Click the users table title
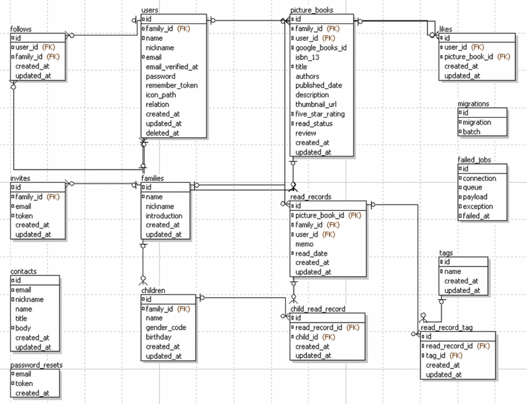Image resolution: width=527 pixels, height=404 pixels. click(x=150, y=10)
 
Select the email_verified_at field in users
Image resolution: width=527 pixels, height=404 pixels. click(x=172, y=67)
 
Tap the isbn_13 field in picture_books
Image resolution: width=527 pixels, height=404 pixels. click(x=307, y=57)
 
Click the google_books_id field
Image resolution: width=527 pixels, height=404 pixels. click(x=321, y=47)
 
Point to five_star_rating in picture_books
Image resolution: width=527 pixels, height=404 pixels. click(x=320, y=114)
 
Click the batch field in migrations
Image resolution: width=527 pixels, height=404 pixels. click(x=471, y=132)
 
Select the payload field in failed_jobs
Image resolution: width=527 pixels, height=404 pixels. click(x=475, y=197)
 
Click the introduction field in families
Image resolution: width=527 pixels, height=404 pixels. click(x=164, y=216)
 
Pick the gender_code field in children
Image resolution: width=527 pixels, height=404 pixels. click(x=166, y=328)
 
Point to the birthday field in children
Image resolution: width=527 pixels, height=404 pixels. click(x=159, y=337)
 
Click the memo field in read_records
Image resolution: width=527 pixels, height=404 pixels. click(x=304, y=244)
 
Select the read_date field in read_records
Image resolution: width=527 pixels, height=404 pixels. click(x=311, y=254)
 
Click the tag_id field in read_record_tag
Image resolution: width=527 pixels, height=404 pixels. click(x=437, y=355)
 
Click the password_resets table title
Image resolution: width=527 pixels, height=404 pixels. click(x=36, y=365)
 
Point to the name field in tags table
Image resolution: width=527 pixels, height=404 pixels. click(x=452, y=272)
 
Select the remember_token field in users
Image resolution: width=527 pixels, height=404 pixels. click(x=171, y=86)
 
